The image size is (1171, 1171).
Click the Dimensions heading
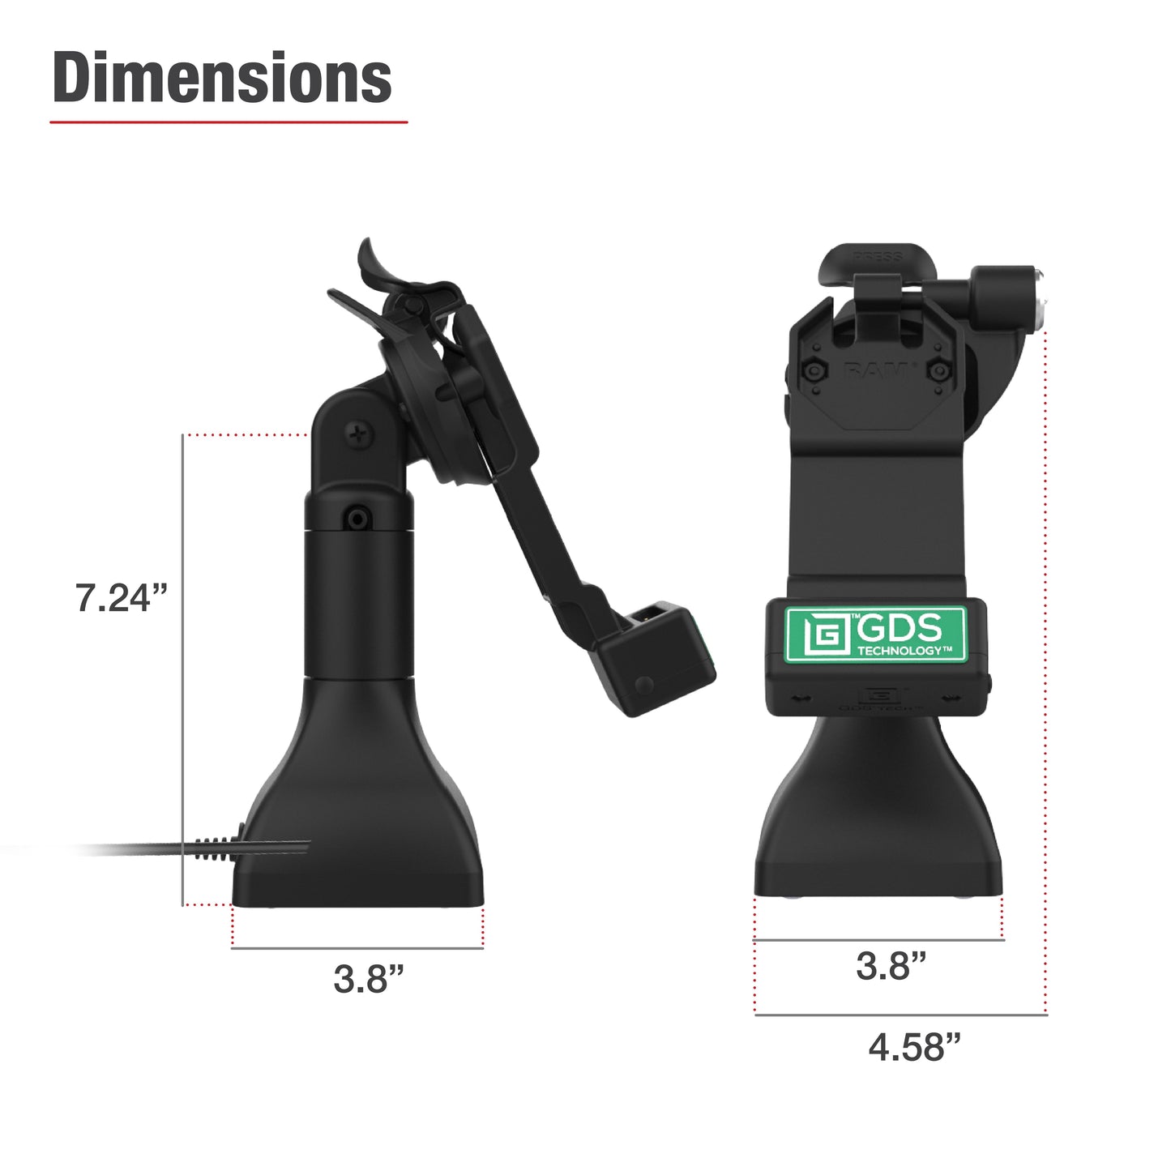[x=222, y=78]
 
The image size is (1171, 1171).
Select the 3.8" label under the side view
[x=368, y=979]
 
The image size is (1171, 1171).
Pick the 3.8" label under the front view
[x=891, y=966]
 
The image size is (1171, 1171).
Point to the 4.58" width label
[x=914, y=1047]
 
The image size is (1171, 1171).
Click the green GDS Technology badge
[x=876, y=634]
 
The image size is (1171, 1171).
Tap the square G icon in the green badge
[x=819, y=635]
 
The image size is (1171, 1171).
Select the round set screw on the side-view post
[x=357, y=518]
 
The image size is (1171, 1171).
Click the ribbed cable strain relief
[x=212, y=849]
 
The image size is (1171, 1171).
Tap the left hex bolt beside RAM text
[x=813, y=371]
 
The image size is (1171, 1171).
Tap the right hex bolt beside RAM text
[x=938, y=371]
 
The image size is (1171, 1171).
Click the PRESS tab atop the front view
[x=877, y=258]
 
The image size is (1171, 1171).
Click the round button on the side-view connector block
[x=644, y=685]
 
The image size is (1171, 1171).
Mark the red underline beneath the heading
[x=229, y=122]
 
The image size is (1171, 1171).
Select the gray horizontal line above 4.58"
[x=900, y=1015]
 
